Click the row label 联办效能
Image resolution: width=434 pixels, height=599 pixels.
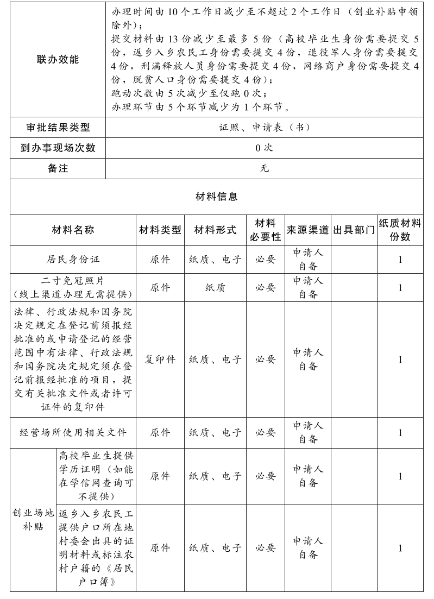click(58, 60)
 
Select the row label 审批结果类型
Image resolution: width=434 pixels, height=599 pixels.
click(58, 128)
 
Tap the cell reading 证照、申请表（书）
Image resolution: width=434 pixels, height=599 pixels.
click(265, 128)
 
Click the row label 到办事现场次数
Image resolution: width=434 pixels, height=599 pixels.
click(58, 148)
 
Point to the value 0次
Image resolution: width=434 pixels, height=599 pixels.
click(265, 148)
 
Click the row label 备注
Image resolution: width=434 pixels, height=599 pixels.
click(58, 168)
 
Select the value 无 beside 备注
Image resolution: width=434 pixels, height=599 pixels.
click(265, 168)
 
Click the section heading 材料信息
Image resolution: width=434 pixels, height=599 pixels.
click(216, 197)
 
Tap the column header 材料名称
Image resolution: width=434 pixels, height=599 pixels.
click(73, 230)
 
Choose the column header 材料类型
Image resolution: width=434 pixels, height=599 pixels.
click(160, 230)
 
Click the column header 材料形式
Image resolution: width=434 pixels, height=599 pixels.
click(215, 230)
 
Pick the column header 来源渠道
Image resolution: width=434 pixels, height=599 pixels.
click(308, 230)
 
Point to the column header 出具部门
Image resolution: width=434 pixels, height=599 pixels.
click(354, 230)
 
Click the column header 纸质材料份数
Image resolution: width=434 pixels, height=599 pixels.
click(400, 230)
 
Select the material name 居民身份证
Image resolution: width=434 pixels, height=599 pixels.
click(73, 260)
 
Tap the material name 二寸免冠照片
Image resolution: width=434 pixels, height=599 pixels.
click(73, 280)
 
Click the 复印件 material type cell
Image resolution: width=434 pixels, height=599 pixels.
click(160, 360)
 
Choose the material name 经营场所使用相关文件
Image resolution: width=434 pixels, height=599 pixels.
click(73, 433)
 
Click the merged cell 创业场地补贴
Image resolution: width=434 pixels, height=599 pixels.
click(33, 520)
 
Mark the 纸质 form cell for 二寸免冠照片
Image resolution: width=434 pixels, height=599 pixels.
click(215, 288)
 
